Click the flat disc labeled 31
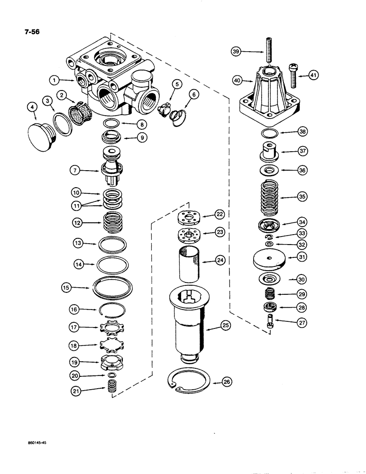[268, 258]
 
